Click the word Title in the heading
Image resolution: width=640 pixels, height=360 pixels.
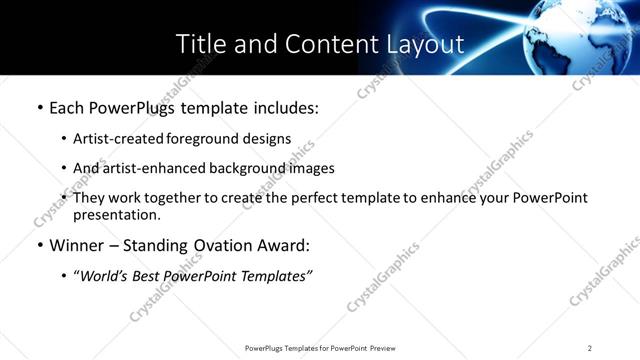(x=198, y=44)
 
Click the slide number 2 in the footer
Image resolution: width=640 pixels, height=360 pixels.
(x=590, y=348)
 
